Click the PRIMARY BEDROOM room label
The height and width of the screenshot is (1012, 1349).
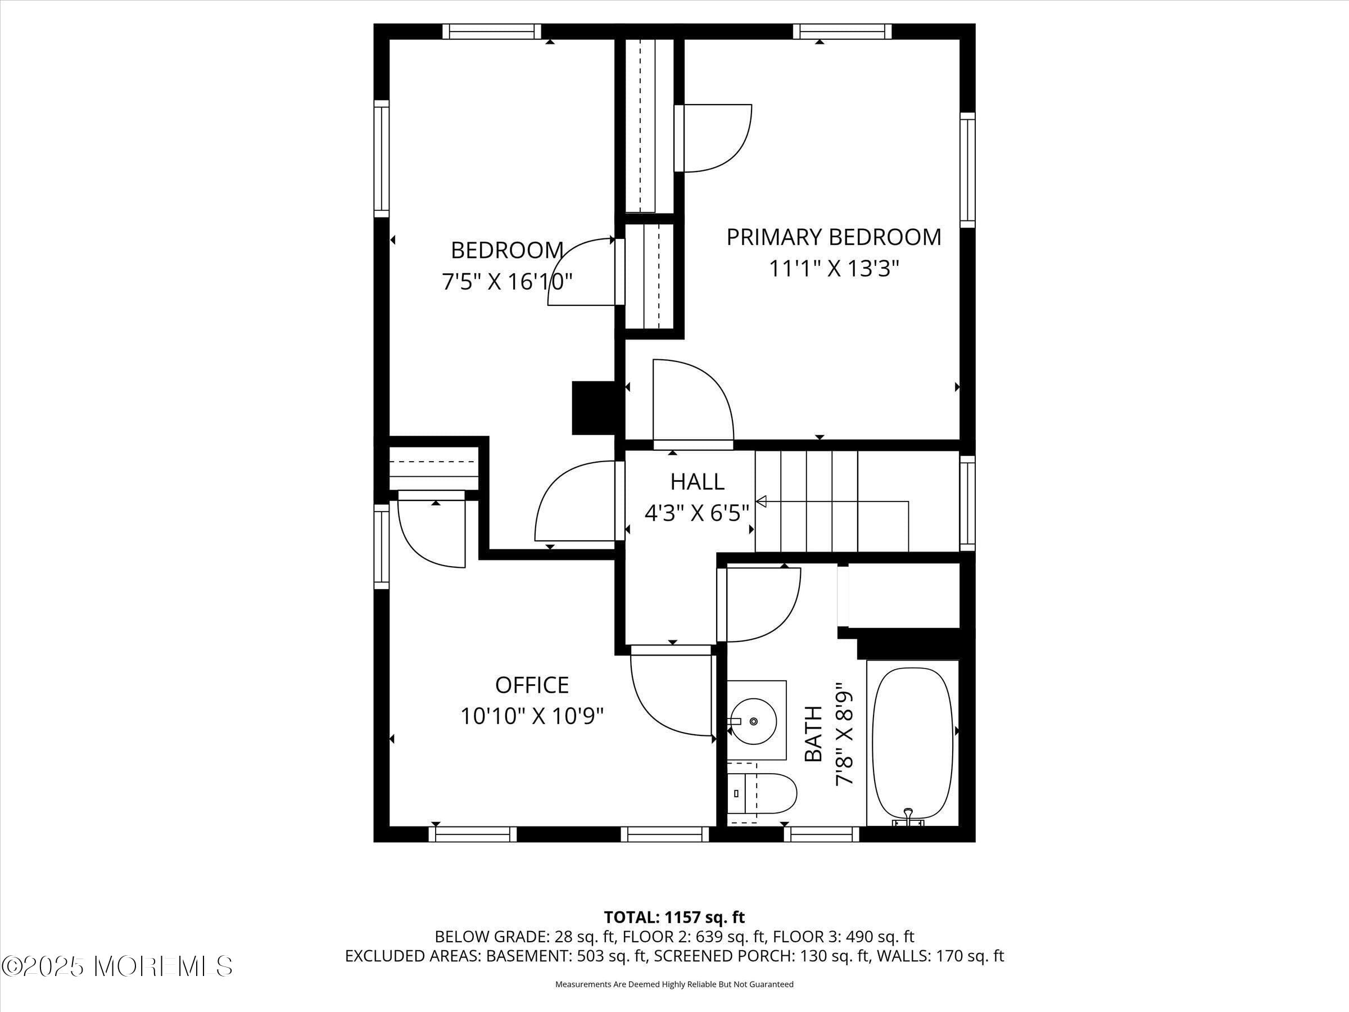point(833,237)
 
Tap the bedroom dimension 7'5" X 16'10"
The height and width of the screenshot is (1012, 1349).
point(507,282)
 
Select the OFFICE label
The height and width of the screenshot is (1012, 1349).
point(532,685)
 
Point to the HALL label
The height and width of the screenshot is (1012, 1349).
point(697,482)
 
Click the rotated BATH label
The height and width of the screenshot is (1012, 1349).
point(813,734)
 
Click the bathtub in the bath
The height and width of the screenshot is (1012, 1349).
point(912,744)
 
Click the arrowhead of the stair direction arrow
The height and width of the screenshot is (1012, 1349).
point(760,502)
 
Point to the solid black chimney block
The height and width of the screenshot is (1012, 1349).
point(592,408)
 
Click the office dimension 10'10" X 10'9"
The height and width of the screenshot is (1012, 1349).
point(532,716)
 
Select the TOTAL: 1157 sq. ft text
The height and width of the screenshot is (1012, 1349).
point(674,918)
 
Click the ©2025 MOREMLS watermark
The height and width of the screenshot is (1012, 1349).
point(117,966)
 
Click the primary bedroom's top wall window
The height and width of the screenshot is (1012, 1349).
point(841,31)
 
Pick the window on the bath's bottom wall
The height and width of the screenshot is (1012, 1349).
point(821,834)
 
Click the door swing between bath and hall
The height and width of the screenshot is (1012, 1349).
point(762,604)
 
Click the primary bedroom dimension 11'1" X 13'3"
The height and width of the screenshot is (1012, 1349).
point(833,268)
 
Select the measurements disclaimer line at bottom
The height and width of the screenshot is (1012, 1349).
point(674,984)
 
